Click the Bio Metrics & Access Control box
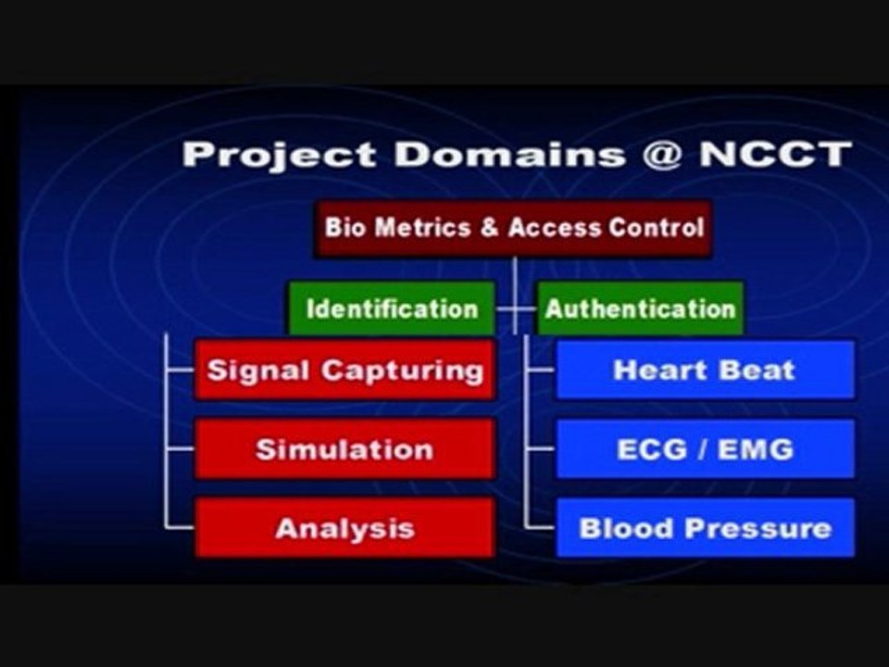[x=513, y=228]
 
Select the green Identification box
[x=392, y=308]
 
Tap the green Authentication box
[x=640, y=308]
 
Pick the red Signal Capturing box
[x=344, y=371]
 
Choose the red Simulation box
[x=344, y=449]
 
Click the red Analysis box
[x=344, y=528]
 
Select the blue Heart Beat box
[x=704, y=371]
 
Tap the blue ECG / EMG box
[x=704, y=449]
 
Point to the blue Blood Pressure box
[x=704, y=528]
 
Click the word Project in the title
[x=279, y=154]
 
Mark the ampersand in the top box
[x=489, y=228]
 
